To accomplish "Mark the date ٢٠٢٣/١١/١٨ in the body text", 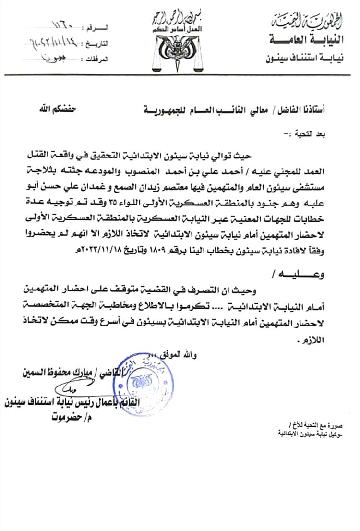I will pyautogui.click(x=93, y=250).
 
